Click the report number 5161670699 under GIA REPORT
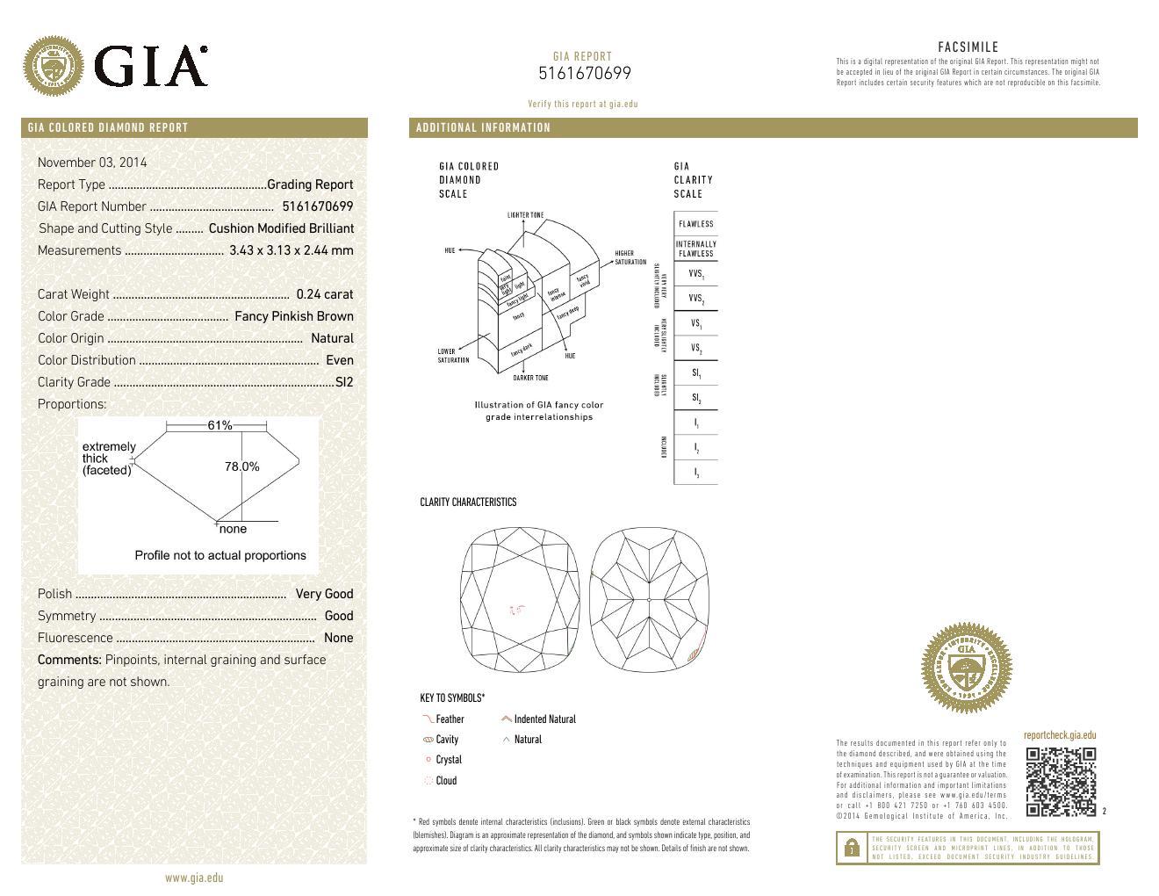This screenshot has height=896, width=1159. tap(584, 74)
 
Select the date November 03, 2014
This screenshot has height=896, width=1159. tap(92, 163)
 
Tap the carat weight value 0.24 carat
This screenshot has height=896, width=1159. tap(324, 294)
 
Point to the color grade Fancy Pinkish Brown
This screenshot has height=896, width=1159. tap(294, 316)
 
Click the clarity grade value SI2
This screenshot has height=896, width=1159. tap(344, 382)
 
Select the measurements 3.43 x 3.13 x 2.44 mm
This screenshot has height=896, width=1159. tap(291, 250)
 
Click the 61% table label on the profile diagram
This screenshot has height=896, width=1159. tap(220, 425)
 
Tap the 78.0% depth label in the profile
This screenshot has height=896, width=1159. tap(242, 466)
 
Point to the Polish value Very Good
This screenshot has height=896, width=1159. tap(324, 594)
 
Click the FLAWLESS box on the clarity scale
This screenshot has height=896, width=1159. tap(695, 224)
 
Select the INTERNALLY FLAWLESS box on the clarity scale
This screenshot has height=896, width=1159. tap(695, 249)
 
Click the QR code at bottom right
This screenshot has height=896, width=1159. tap(1061, 782)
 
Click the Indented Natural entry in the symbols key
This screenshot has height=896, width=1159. tap(544, 719)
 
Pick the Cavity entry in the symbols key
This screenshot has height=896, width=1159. tap(447, 740)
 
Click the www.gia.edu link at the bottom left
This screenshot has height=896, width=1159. tap(194, 878)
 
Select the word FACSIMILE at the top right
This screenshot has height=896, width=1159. tap(968, 47)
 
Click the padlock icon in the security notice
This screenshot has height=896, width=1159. tap(851, 849)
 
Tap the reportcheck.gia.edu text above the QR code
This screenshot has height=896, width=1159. tap(1059, 735)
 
